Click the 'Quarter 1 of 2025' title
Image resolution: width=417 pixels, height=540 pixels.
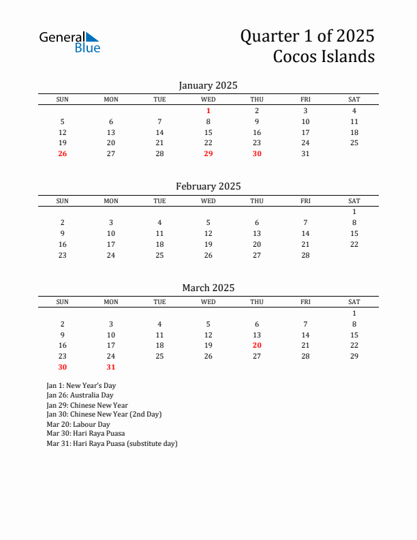pos(307,35)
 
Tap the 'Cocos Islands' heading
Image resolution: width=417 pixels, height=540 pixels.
pos(324,56)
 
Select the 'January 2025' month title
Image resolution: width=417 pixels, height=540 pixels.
pos(208,85)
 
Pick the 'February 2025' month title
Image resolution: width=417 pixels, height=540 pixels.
pos(208,186)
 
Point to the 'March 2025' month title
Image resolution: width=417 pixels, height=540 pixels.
pos(208,288)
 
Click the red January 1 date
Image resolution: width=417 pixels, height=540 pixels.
pos(208,110)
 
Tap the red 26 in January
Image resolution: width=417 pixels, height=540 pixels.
pos(63,153)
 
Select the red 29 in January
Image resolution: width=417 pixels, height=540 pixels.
pos(208,153)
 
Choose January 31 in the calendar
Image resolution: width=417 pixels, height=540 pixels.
pos(305,153)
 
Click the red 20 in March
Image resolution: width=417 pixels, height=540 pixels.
pos(257,345)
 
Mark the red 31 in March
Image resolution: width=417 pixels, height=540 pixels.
pos(111,367)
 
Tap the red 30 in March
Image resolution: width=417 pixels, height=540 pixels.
pos(63,367)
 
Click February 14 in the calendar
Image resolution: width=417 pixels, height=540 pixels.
pos(305,233)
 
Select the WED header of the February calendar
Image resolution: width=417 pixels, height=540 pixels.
pos(208,200)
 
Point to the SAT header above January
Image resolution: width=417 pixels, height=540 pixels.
pos(354,100)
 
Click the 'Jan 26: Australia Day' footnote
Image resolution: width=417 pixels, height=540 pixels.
pos(80,395)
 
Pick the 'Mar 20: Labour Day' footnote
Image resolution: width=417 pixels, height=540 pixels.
pos(78,424)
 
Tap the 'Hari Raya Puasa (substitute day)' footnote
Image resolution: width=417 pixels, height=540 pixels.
pos(112,443)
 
